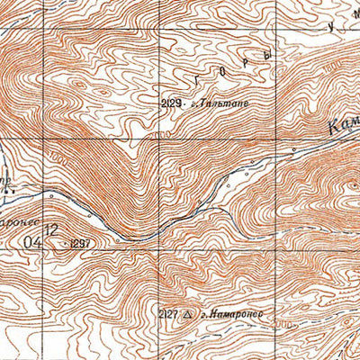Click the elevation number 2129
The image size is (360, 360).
coord(172,104)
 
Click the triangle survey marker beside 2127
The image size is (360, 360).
coord(187,314)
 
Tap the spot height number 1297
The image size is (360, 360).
coord(80,243)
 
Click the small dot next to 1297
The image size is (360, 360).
coord(65,243)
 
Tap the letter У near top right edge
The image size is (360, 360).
coord(332,26)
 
